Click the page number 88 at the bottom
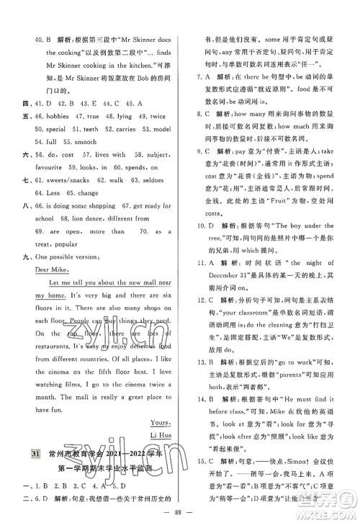(179, 514)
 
